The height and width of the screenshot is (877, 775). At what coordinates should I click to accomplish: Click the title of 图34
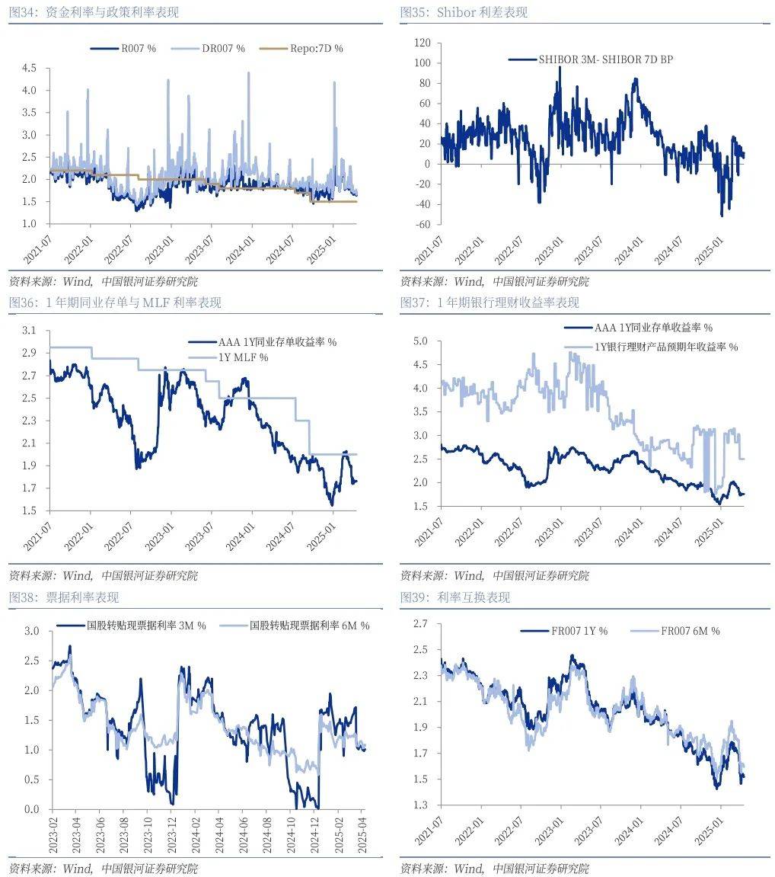(x=94, y=12)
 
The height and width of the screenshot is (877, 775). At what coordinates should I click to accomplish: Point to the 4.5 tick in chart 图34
(x=29, y=68)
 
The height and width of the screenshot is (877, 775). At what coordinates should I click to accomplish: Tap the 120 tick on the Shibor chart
(x=421, y=43)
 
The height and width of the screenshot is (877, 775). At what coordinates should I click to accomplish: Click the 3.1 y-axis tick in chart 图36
(x=29, y=331)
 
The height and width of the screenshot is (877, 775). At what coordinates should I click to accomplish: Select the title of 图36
(x=115, y=302)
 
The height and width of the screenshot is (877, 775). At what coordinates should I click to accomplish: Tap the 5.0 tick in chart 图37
(x=420, y=341)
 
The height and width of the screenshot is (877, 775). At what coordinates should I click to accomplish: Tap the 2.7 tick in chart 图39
(x=420, y=624)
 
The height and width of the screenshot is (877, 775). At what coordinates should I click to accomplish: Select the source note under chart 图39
(x=494, y=869)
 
